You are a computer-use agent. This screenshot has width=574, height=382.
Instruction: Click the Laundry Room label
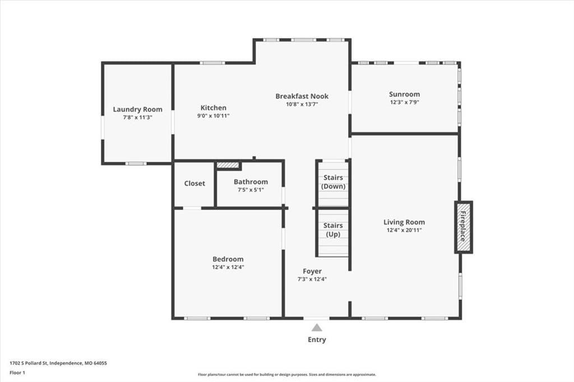coord(138,109)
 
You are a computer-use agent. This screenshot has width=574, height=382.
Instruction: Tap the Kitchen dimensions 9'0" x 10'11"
coord(214,115)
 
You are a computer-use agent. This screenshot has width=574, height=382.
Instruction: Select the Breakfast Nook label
coord(302,96)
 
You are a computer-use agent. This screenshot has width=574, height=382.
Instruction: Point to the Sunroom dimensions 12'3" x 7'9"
coord(405,103)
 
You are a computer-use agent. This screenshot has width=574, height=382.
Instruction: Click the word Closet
coord(195,183)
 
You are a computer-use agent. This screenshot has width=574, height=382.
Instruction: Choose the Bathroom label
coord(251,182)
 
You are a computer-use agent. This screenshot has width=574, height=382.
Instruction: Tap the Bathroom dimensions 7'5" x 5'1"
coord(251,190)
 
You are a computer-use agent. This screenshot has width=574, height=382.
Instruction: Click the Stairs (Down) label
coord(333,182)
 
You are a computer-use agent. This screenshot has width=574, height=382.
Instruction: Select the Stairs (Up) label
coord(333,230)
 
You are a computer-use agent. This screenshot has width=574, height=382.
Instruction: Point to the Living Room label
coord(404,222)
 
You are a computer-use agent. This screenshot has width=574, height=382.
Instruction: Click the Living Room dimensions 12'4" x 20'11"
coord(404,230)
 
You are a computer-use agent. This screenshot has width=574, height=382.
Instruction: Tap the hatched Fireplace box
coord(464,227)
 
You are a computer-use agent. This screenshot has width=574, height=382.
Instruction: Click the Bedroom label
coord(228,259)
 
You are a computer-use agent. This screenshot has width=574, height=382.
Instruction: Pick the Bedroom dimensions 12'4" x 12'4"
coord(228,267)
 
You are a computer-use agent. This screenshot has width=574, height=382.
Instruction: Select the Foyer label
coord(312,272)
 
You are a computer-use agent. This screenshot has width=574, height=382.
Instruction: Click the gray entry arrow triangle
coord(317,328)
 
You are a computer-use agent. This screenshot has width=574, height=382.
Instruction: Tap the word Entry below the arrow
coord(317,339)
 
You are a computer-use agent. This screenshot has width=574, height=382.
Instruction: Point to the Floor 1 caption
coord(17,373)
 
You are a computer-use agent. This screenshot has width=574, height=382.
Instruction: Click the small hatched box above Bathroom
coord(228,165)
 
